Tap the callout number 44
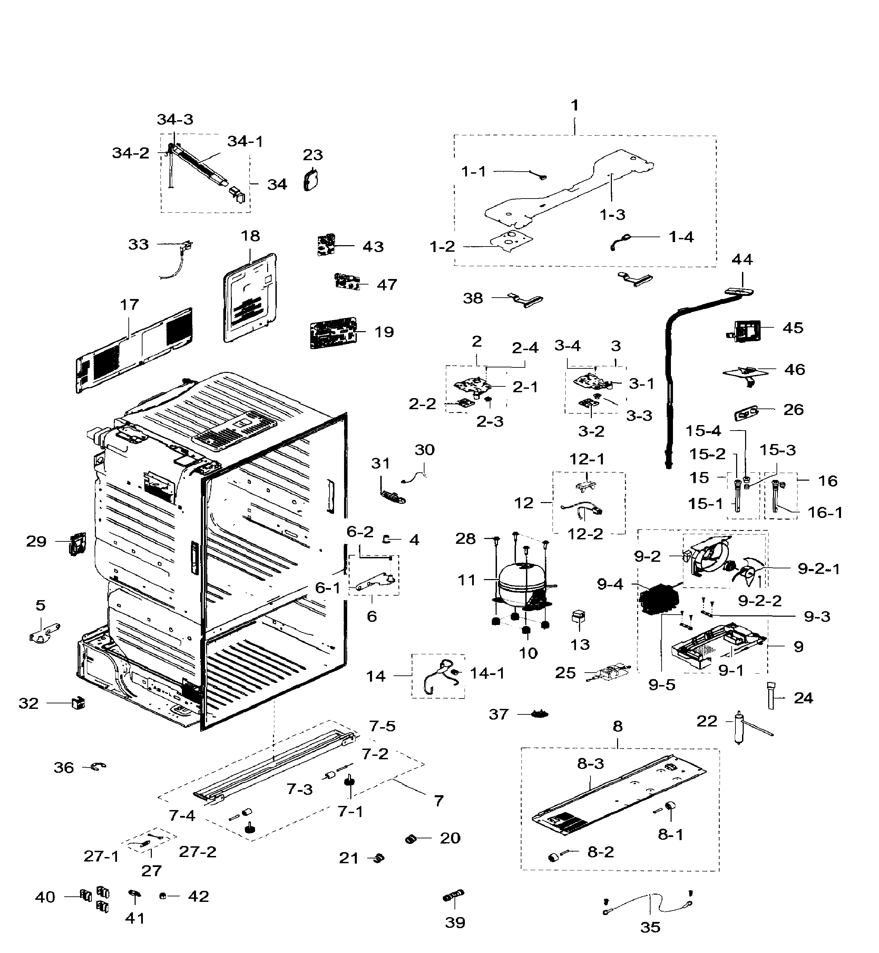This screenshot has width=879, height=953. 742,259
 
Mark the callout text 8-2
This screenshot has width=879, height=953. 600,852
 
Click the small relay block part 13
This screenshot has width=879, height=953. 578,617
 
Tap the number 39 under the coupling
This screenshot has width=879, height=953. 455,923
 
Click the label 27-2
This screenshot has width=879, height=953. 198,852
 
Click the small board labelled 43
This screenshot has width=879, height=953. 326,244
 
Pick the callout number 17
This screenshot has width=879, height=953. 129,305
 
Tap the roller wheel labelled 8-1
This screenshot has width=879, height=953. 671,806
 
